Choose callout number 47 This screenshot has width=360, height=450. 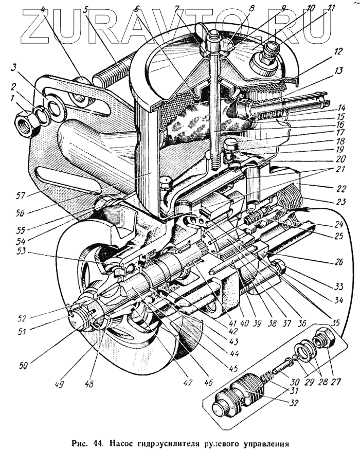[x=188, y=382]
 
